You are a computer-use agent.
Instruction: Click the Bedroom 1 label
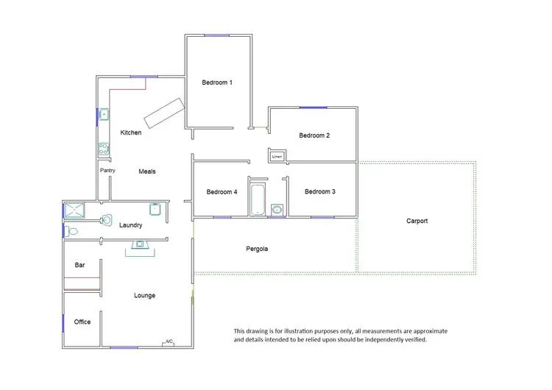click(x=217, y=82)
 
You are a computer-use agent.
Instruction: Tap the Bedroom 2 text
click(x=314, y=135)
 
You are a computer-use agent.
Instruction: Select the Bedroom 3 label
click(x=320, y=191)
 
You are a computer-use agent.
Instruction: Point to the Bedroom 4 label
click(x=222, y=192)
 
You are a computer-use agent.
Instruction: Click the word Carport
click(x=417, y=221)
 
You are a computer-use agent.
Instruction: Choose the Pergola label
click(x=257, y=249)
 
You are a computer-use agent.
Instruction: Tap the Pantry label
click(x=107, y=171)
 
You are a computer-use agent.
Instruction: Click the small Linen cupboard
click(x=277, y=157)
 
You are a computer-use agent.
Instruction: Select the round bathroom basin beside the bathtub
click(x=277, y=210)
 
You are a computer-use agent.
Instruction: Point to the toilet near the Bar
click(x=71, y=231)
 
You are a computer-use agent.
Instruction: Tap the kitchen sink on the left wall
click(x=104, y=115)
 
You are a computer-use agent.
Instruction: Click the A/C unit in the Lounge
click(x=169, y=342)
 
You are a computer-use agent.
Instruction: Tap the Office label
click(x=82, y=322)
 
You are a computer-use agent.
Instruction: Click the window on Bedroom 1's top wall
click(x=216, y=35)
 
